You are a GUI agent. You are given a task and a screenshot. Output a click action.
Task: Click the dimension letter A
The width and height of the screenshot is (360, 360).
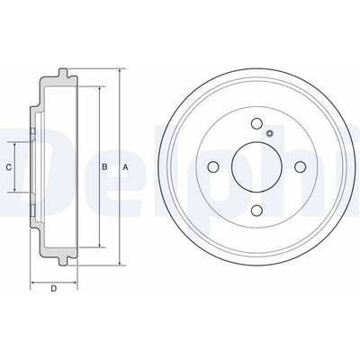[125, 167]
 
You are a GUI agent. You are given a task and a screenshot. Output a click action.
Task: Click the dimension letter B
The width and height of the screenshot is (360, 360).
[104, 167]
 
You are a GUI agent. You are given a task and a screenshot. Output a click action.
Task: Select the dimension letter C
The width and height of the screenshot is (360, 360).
[9, 167]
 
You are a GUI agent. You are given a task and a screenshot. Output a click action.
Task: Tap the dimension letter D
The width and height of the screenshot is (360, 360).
[54, 289]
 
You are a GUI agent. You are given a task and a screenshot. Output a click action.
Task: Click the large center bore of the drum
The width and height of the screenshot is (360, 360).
[256, 166]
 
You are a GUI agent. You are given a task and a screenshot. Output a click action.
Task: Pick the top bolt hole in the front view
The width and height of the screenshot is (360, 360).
[256, 123]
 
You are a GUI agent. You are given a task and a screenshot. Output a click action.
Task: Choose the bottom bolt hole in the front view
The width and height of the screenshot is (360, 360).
[256, 211]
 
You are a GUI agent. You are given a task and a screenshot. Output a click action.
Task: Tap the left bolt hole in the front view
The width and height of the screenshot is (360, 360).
[213, 166]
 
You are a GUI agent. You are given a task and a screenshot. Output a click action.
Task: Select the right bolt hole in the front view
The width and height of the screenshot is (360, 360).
[300, 166]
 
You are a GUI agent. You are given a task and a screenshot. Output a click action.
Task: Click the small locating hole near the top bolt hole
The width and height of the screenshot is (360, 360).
[270, 133]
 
